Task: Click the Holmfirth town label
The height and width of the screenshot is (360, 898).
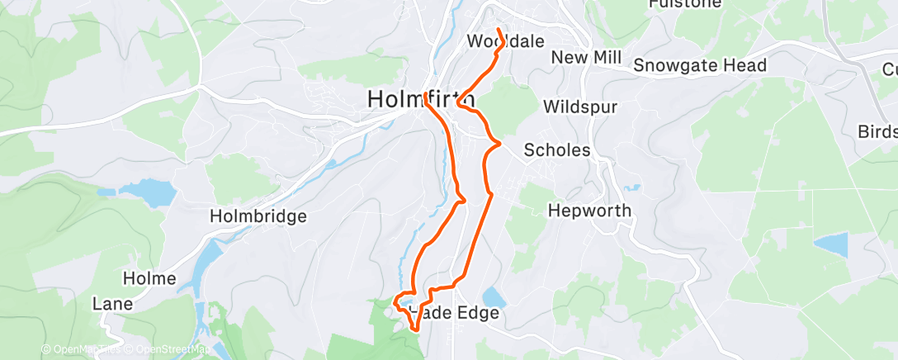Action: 420,99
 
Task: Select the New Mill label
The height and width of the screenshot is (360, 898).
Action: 586,57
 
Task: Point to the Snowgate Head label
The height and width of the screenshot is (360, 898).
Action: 701,65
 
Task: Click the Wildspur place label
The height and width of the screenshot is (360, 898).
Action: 580,107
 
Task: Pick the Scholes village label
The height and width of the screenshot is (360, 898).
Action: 557,150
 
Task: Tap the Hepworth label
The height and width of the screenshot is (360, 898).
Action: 589,211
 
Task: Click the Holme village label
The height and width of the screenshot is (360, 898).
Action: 149,278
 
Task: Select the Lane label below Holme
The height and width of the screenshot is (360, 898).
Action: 113,304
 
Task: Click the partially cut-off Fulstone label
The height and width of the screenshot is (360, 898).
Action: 697,4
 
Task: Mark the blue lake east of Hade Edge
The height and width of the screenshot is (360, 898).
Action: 494,296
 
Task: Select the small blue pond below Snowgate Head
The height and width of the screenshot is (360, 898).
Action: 831,244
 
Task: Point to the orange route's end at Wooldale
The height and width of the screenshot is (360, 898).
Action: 499,30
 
